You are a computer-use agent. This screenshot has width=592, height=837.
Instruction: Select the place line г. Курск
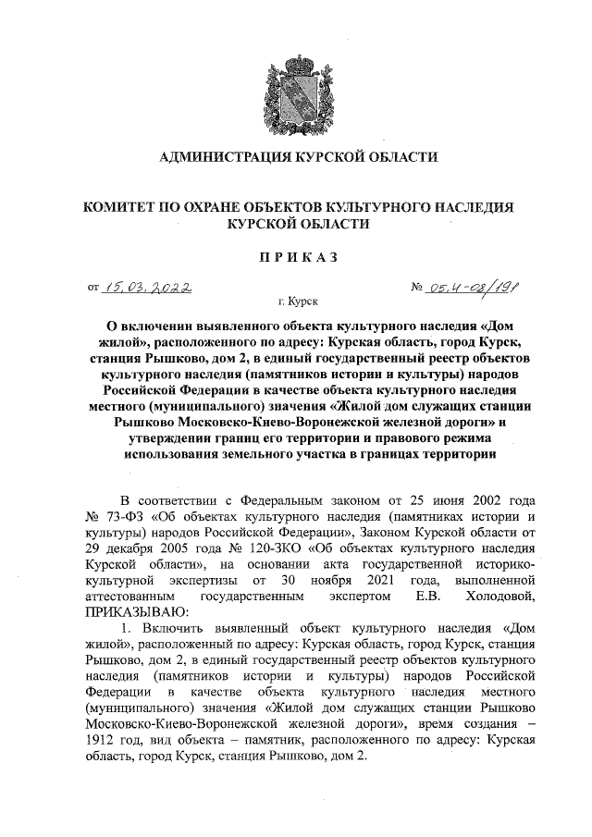pyautogui.click(x=296, y=302)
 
